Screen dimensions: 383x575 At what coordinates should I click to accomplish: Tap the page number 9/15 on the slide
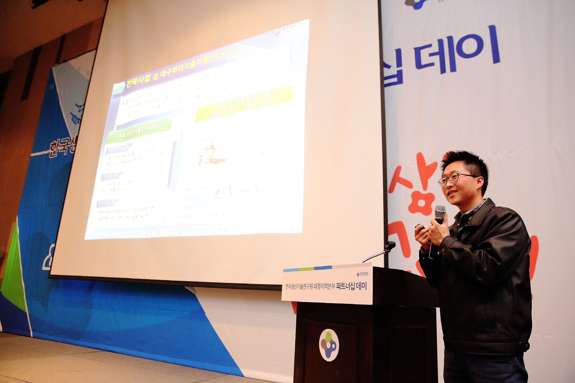[294, 229]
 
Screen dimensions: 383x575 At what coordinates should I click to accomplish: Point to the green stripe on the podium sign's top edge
[306, 269]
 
